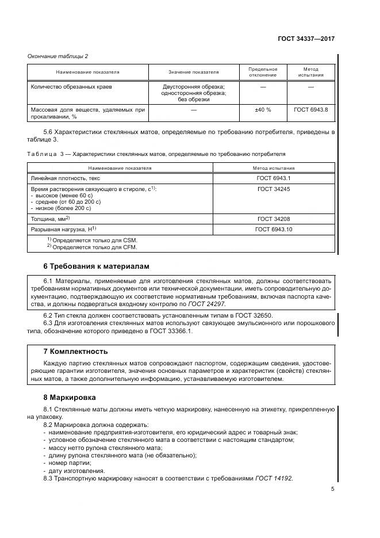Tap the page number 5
pyautogui.click(x=333, y=490)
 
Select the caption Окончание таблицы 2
pyautogui.click(x=58, y=56)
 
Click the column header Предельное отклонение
pyautogui.click(x=263, y=72)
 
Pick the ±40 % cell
pyautogui.click(x=263, y=109)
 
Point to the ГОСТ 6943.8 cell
pyautogui.click(x=310, y=109)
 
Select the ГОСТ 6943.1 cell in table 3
pyautogui.click(x=274, y=178)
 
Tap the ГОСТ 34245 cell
pyautogui.click(x=273, y=189)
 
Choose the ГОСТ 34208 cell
pyautogui.click(x=273, y=219)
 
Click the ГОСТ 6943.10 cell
pyautogui.click(x=274, y=229)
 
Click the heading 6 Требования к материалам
pyautogui.click(x=96, y=266)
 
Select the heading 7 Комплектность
pyautogui.click(x=76, y=351)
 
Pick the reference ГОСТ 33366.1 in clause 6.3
pyautogui.click(x=174, y=331)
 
